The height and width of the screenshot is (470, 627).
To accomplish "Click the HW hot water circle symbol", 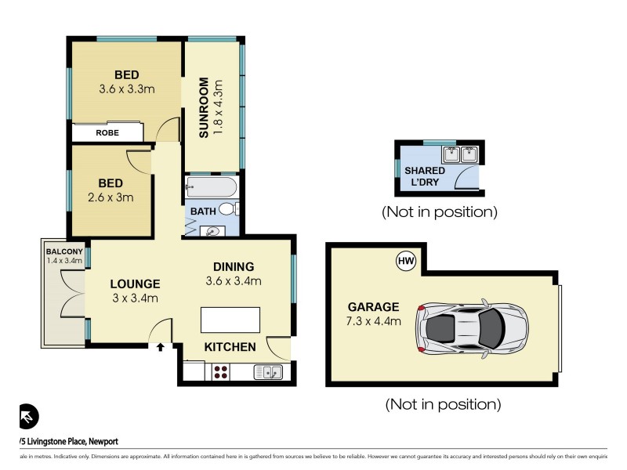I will [405, 261].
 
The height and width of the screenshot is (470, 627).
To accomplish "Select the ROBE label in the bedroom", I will [107, 133].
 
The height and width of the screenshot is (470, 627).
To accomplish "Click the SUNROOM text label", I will [204, 107].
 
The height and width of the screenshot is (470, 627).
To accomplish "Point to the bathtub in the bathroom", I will [210, 188].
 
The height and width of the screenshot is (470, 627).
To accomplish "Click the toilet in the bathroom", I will [228, 209].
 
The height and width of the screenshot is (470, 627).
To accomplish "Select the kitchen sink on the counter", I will [268, 372].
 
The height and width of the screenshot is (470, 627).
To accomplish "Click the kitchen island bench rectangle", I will [230, 320].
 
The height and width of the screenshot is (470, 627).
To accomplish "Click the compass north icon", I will [29, 416].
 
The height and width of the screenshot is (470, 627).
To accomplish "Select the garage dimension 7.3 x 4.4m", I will [375, 321].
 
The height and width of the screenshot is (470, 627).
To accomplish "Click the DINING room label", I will [233, 266].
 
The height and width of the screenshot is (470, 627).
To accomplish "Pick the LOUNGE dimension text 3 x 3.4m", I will [134, 298].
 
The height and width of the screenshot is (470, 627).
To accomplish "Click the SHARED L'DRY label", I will [424, 176].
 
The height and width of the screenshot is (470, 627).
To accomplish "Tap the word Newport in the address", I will [98, 442].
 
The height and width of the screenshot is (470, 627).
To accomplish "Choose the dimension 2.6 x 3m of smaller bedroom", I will [111, 197].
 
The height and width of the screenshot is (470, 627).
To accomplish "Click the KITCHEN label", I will [230, 346].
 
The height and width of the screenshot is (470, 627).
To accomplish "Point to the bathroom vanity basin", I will [213, 230].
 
